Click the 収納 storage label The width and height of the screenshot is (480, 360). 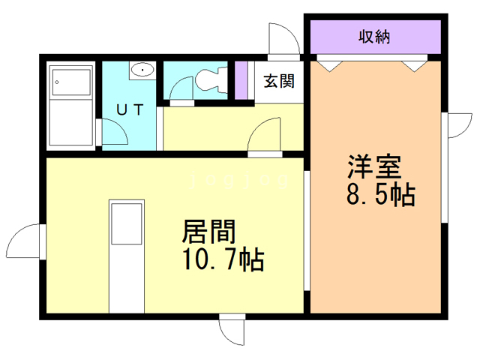pos(372,35)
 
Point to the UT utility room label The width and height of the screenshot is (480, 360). pos(129,108)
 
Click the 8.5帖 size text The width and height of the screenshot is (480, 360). pos(381,196)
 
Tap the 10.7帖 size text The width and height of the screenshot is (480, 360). pos(221,259)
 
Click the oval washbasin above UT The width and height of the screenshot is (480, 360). pos(142,71)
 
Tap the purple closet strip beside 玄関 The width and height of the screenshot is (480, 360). pos(241,80)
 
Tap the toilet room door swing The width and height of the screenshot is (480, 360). pos(181,90)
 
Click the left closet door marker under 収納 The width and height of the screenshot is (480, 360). pos(328,65)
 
